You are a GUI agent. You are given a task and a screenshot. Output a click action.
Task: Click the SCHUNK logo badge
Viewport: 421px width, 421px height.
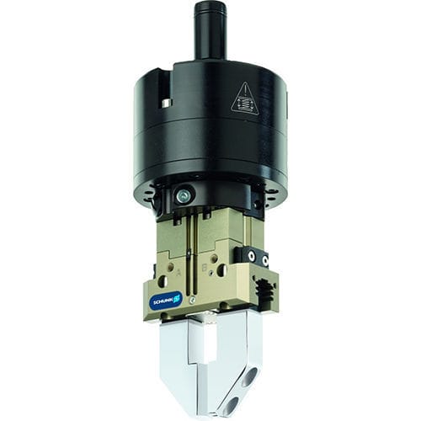point(165,300)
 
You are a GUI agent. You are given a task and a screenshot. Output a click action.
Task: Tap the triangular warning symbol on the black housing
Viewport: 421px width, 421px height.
point(244,99)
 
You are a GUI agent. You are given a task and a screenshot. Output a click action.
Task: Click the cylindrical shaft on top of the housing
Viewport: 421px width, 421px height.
point(210,29)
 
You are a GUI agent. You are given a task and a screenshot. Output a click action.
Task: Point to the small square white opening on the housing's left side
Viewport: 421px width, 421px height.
point(167,103)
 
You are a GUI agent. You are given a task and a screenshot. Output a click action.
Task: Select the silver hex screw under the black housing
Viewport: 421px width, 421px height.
point(184,196)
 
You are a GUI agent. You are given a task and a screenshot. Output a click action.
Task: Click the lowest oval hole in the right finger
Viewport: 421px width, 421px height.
point(232,405)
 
